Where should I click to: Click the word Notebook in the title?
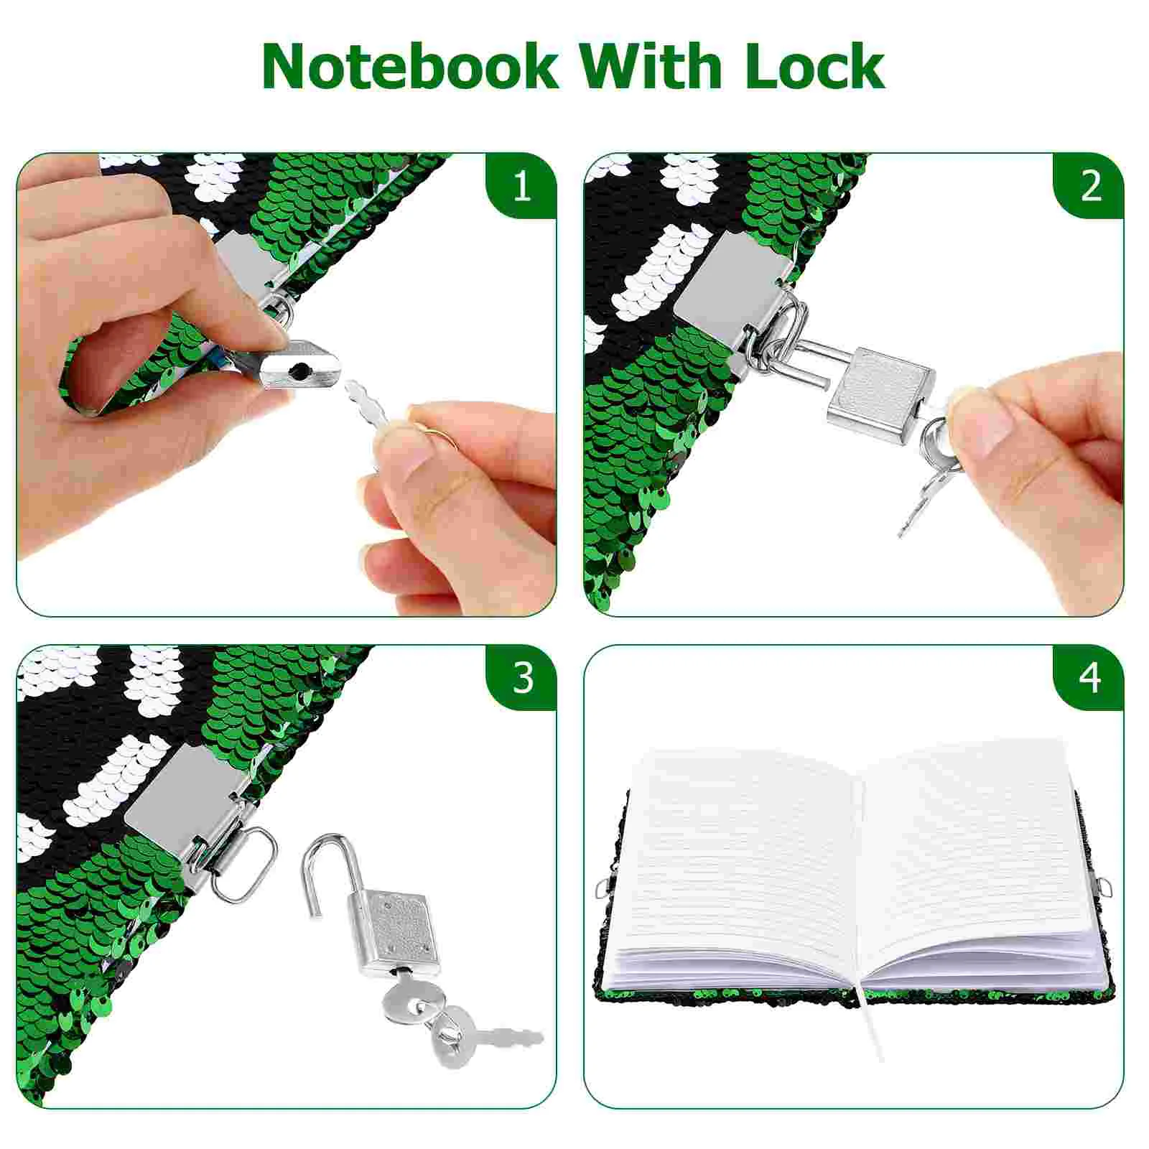pos(409,66)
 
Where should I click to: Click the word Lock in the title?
pos(814,66)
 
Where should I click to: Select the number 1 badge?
pos(521,186)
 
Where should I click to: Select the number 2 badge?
pos(1090,186)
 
